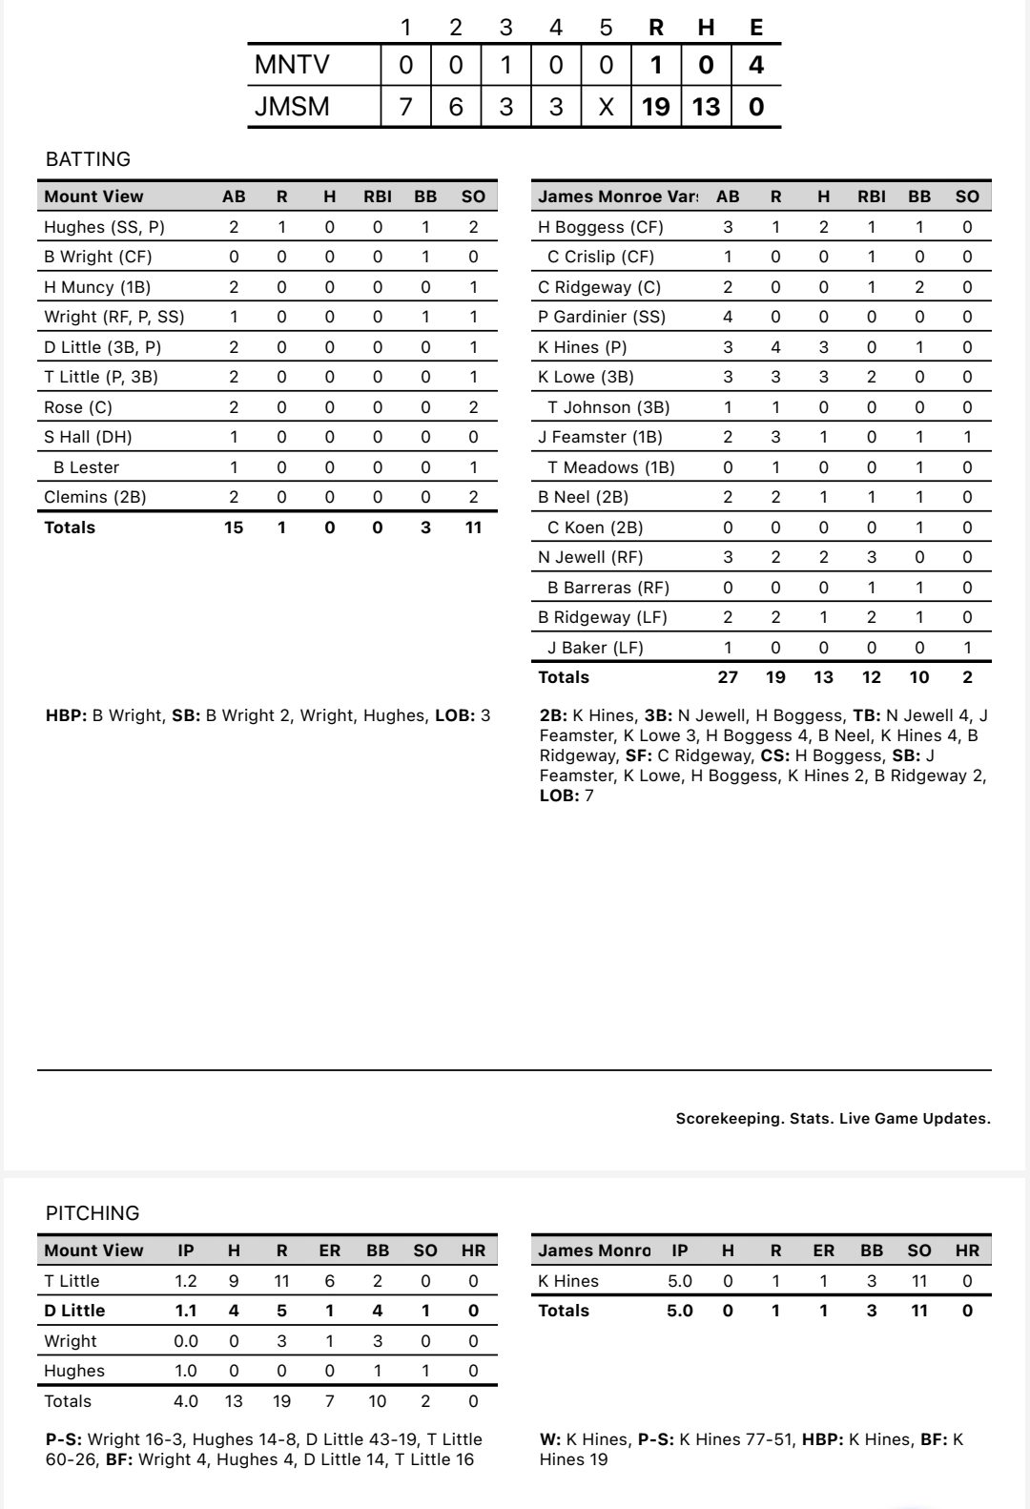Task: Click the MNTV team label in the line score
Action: (x=292, y=65)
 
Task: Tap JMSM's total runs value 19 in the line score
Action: (x=656, y=106)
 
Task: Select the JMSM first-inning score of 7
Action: (x=405, y=106)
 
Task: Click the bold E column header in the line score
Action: (x=756, y=28)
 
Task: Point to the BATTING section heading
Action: (x=88, y=159)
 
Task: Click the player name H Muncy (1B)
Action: (x=97, y=287)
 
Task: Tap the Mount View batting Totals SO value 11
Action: (x=473, y=527)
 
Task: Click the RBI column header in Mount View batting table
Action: (x=378, y=196)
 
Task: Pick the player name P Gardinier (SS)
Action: (x=602, y=317)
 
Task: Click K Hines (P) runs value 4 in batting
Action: (x=775, y=347)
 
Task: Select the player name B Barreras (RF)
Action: (x=608, y=588)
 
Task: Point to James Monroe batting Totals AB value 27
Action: (x=728, y=677)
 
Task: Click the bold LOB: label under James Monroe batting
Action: (x=559, y=796)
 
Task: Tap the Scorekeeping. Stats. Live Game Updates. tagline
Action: (x=833, y=1119)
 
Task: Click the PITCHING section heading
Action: (x=93, y=1213)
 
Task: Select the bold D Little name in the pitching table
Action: (x=74, y=1311)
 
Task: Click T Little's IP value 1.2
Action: (x=186, y=1281)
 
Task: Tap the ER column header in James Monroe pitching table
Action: (x=823, y=1251)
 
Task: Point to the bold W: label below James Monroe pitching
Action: (x=549, y=1439)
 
